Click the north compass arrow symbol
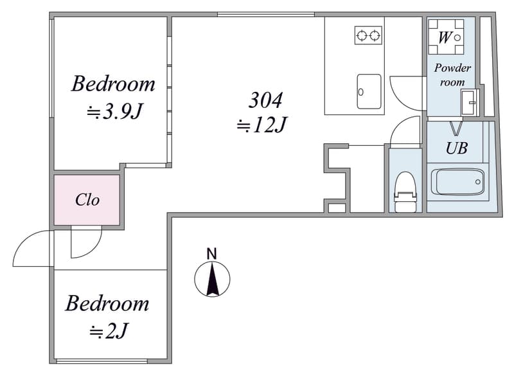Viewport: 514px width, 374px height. (x=213, y=279)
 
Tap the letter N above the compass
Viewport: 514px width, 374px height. (x=212, y=254)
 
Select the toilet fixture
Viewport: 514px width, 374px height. (x=405, y=192)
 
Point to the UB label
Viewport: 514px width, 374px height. (x=457, y=148)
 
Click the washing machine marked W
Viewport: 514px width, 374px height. (x=446, y=37)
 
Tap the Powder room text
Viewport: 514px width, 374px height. (x=452, y=75)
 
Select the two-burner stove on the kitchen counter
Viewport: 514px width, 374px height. (x=368, y=35)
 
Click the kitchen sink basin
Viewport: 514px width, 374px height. (x=369, y=91)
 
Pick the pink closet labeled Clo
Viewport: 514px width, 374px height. (x=87, y=200)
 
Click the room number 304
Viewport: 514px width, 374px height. (x=265, y=100)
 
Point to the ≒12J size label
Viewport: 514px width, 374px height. (x=261, y=125)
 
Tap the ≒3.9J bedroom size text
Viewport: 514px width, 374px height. (x=114, y=112)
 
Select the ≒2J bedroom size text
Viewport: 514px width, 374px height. (x=109, y=331)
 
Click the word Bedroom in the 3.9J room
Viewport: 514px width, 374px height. (x=114, y=84)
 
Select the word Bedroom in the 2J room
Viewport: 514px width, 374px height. (x=107, y=303)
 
